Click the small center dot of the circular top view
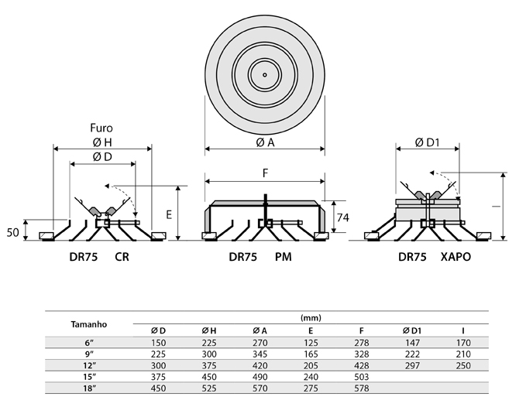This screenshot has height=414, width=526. [265, 75]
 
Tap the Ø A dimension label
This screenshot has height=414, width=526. [265, 143]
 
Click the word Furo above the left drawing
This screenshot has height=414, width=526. [101, 128]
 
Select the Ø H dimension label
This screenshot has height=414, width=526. [102, 142]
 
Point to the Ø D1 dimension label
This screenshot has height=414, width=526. [427, 143]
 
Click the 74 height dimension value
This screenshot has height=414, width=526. [343, 217]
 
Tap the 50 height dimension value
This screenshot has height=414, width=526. [12, 232]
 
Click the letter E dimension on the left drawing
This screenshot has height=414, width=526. [169, 214]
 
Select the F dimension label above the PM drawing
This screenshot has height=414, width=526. [265, 173]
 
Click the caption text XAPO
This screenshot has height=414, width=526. [456, 257]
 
